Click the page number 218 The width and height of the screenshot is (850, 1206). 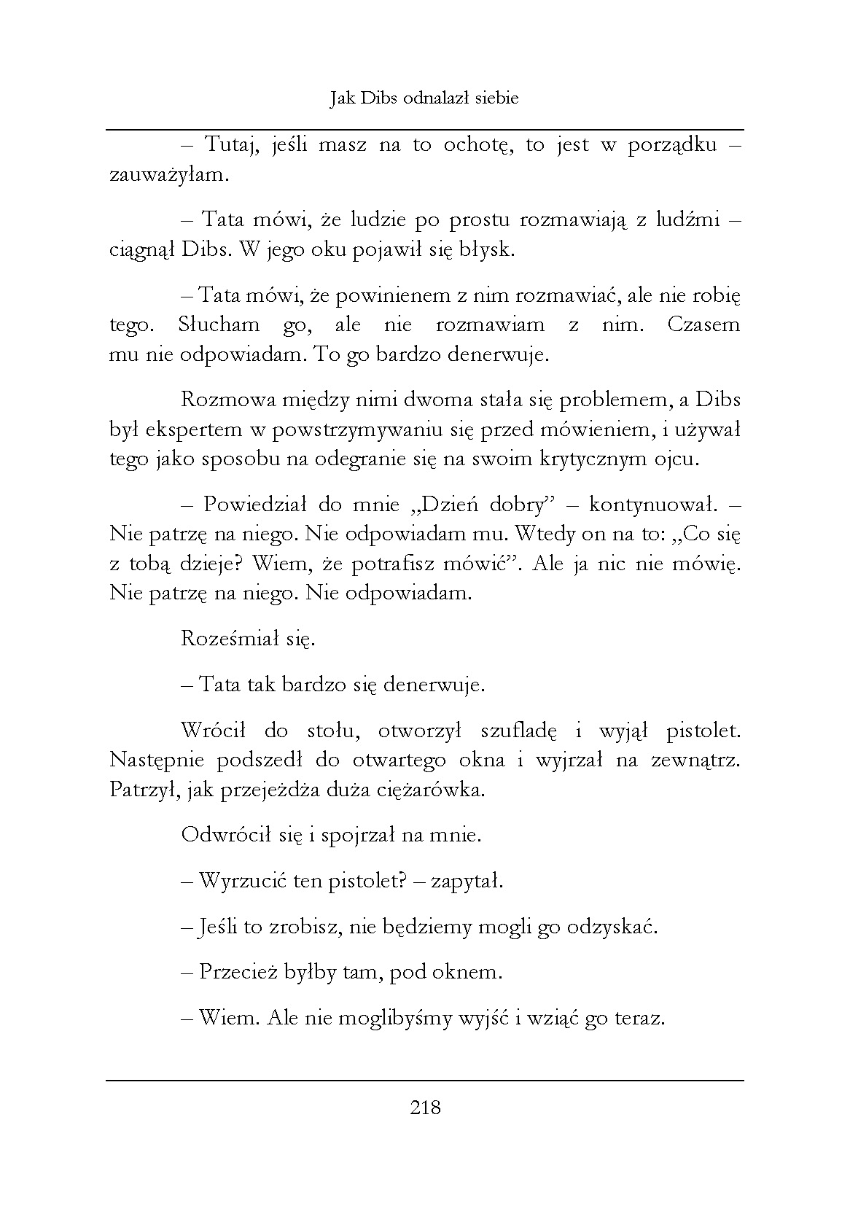pyautogui.click(x=426, y=1108)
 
